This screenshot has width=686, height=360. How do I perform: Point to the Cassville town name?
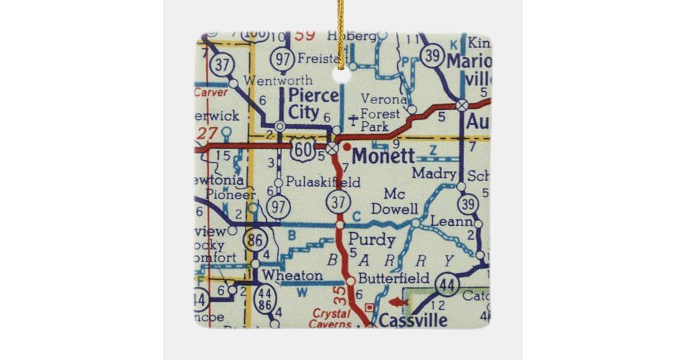pos(413,320)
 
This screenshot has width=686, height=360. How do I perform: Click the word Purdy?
pos(372,238)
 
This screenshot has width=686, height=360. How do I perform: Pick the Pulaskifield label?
pos(323,183)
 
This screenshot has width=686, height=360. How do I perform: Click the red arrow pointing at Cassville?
pos(398,302)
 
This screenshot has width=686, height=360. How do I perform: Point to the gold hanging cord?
pos(341,31)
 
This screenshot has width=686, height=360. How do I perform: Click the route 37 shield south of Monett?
pos(338,201)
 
